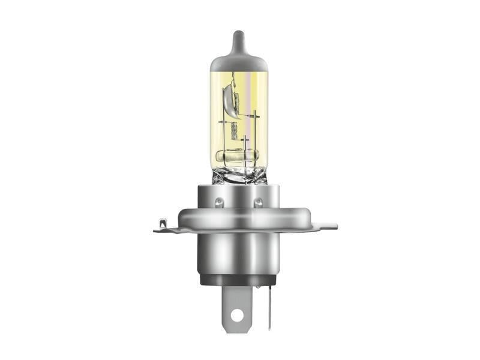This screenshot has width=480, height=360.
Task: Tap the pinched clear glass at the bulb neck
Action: point(239,175)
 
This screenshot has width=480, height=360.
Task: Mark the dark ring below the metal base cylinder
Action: point(239,280)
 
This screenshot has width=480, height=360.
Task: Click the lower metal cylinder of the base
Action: point(239,252)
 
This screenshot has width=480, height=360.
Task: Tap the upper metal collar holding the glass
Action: point(239,195)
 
